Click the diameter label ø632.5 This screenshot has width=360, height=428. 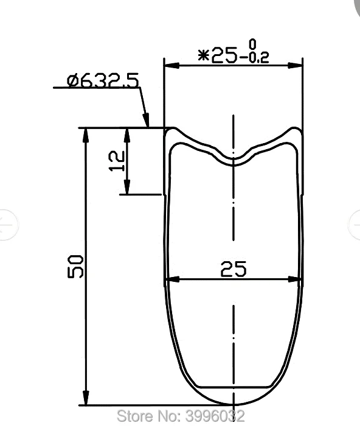(103, 80)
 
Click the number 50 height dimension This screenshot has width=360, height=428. (75, 267)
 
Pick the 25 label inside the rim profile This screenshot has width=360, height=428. (234, 270)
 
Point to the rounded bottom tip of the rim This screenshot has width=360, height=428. (234, 403)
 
